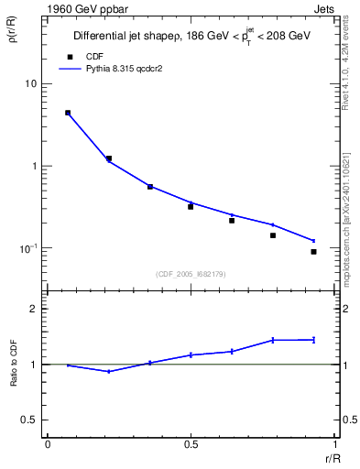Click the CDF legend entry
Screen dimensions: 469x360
tap(93, 56)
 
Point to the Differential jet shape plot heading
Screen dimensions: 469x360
tap(192, 37)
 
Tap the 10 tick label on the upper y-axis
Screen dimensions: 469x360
tap(30, 84)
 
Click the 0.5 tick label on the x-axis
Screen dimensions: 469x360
tap(191, 445)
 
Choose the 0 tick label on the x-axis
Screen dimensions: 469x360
tap(48, 445)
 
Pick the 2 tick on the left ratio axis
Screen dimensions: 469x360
tap(33, 309)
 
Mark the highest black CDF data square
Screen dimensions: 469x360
tap(68, 113)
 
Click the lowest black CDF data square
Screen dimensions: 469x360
tap(313, 251)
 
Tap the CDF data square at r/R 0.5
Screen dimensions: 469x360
tap(191, 206)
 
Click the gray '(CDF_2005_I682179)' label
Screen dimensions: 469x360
tap(191, 274)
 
